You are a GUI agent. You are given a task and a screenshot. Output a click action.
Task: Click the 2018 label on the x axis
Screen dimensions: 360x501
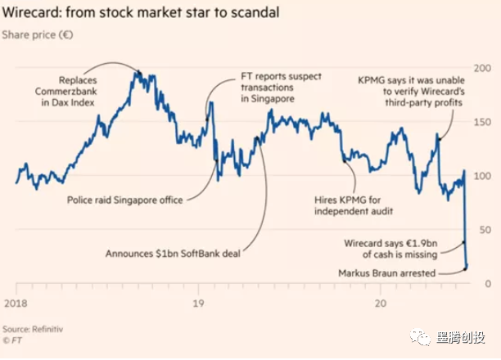[16, 301]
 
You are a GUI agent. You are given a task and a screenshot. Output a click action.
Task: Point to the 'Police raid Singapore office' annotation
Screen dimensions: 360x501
[123, 199]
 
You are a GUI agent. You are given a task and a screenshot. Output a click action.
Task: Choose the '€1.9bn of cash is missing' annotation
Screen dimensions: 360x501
[400, 249]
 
